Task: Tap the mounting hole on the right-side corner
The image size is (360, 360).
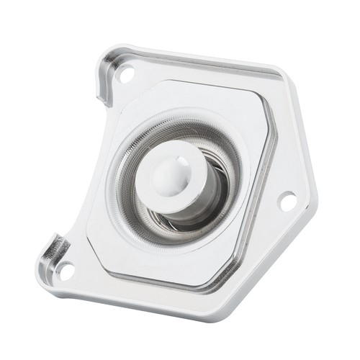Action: (x=287, y=201)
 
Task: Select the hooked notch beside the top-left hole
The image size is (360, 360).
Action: (x=104, y=79)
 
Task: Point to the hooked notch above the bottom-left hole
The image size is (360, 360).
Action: (x=53, y=248)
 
